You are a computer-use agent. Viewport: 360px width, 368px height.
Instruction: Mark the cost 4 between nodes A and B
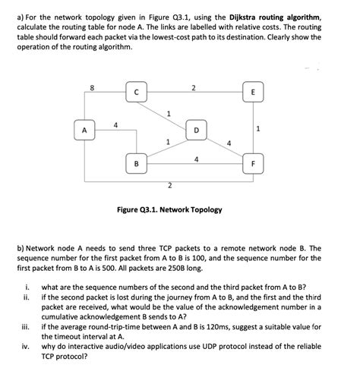pos(115,124)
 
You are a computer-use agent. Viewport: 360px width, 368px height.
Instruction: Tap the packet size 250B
pos(147,268)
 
